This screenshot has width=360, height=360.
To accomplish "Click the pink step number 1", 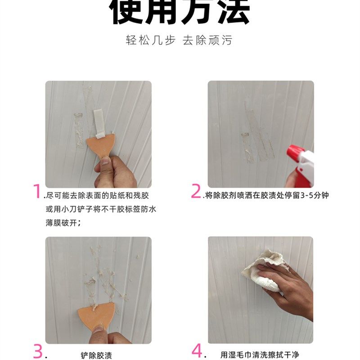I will click(37, 192).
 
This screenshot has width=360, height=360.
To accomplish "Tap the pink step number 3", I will click(38, 351).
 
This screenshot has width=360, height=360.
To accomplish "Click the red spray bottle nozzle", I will click(297, 153).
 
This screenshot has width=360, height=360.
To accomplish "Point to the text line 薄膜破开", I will click(63, 222).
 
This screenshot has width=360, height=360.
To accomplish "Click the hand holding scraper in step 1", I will click(115, 173).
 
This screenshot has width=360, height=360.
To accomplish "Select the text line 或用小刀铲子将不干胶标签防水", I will click(101, 209).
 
